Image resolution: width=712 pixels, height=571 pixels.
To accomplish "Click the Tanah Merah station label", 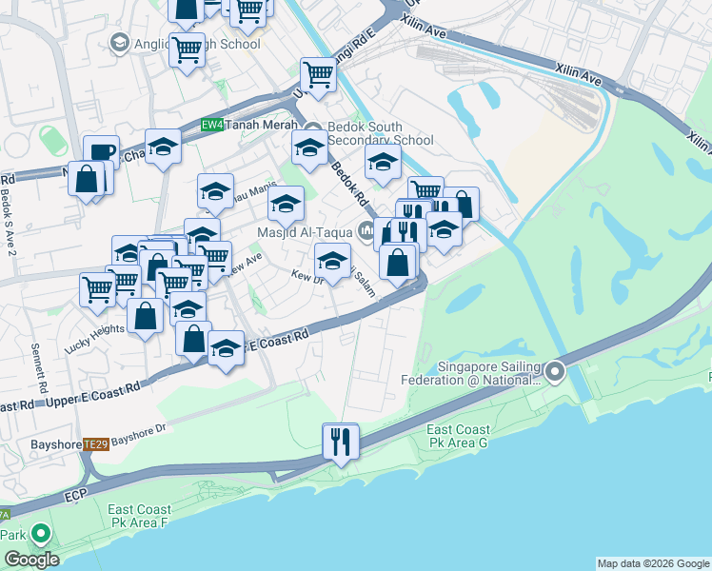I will click(x=260, y=124).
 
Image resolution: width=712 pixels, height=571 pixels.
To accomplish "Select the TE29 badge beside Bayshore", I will click(x=94, y=443).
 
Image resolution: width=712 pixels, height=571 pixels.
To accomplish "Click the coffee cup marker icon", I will click(x=101, y=152).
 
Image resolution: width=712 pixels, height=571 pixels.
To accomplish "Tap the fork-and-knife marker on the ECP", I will click(x=340, y=441).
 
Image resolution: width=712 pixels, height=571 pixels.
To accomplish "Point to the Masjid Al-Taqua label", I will click(x=305, y=231).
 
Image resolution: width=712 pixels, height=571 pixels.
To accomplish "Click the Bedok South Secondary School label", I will click(x=379, y=133).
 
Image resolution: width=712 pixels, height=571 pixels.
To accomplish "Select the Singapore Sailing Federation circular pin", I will click(x=555, y=371).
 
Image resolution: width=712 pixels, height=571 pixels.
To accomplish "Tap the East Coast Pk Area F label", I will click(x=138, y=516).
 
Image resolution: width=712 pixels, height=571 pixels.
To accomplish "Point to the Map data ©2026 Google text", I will click(x=652, y=563).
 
